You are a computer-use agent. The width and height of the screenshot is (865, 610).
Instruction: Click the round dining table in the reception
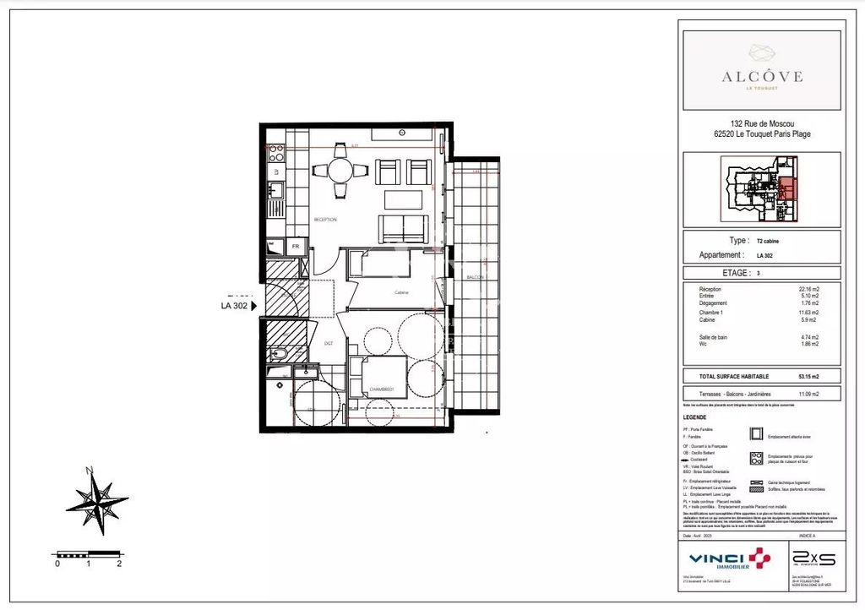[340, 170]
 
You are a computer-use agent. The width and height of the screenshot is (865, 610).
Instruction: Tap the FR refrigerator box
[295, 246]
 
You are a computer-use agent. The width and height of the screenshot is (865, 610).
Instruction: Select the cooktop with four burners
[275, 154]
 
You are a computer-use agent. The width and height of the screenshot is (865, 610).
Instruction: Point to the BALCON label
[475, 277]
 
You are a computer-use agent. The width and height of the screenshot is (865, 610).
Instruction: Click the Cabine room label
[401, 292]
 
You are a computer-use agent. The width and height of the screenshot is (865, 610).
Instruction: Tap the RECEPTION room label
[325, 220]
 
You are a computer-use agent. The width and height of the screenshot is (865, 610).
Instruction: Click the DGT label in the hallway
[329, 343]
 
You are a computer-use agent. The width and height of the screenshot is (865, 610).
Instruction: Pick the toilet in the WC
[280, 354]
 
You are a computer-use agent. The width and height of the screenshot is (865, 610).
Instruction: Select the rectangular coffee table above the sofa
[403, 199]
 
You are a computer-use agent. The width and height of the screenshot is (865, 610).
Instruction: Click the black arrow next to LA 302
[253, 307]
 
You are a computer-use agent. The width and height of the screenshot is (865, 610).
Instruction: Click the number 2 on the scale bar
[119, 564]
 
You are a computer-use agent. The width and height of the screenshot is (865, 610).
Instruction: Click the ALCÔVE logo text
[761, 76]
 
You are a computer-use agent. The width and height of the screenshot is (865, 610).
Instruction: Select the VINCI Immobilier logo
[729, 559]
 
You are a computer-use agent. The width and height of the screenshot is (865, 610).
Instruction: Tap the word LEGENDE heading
[696, 417]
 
